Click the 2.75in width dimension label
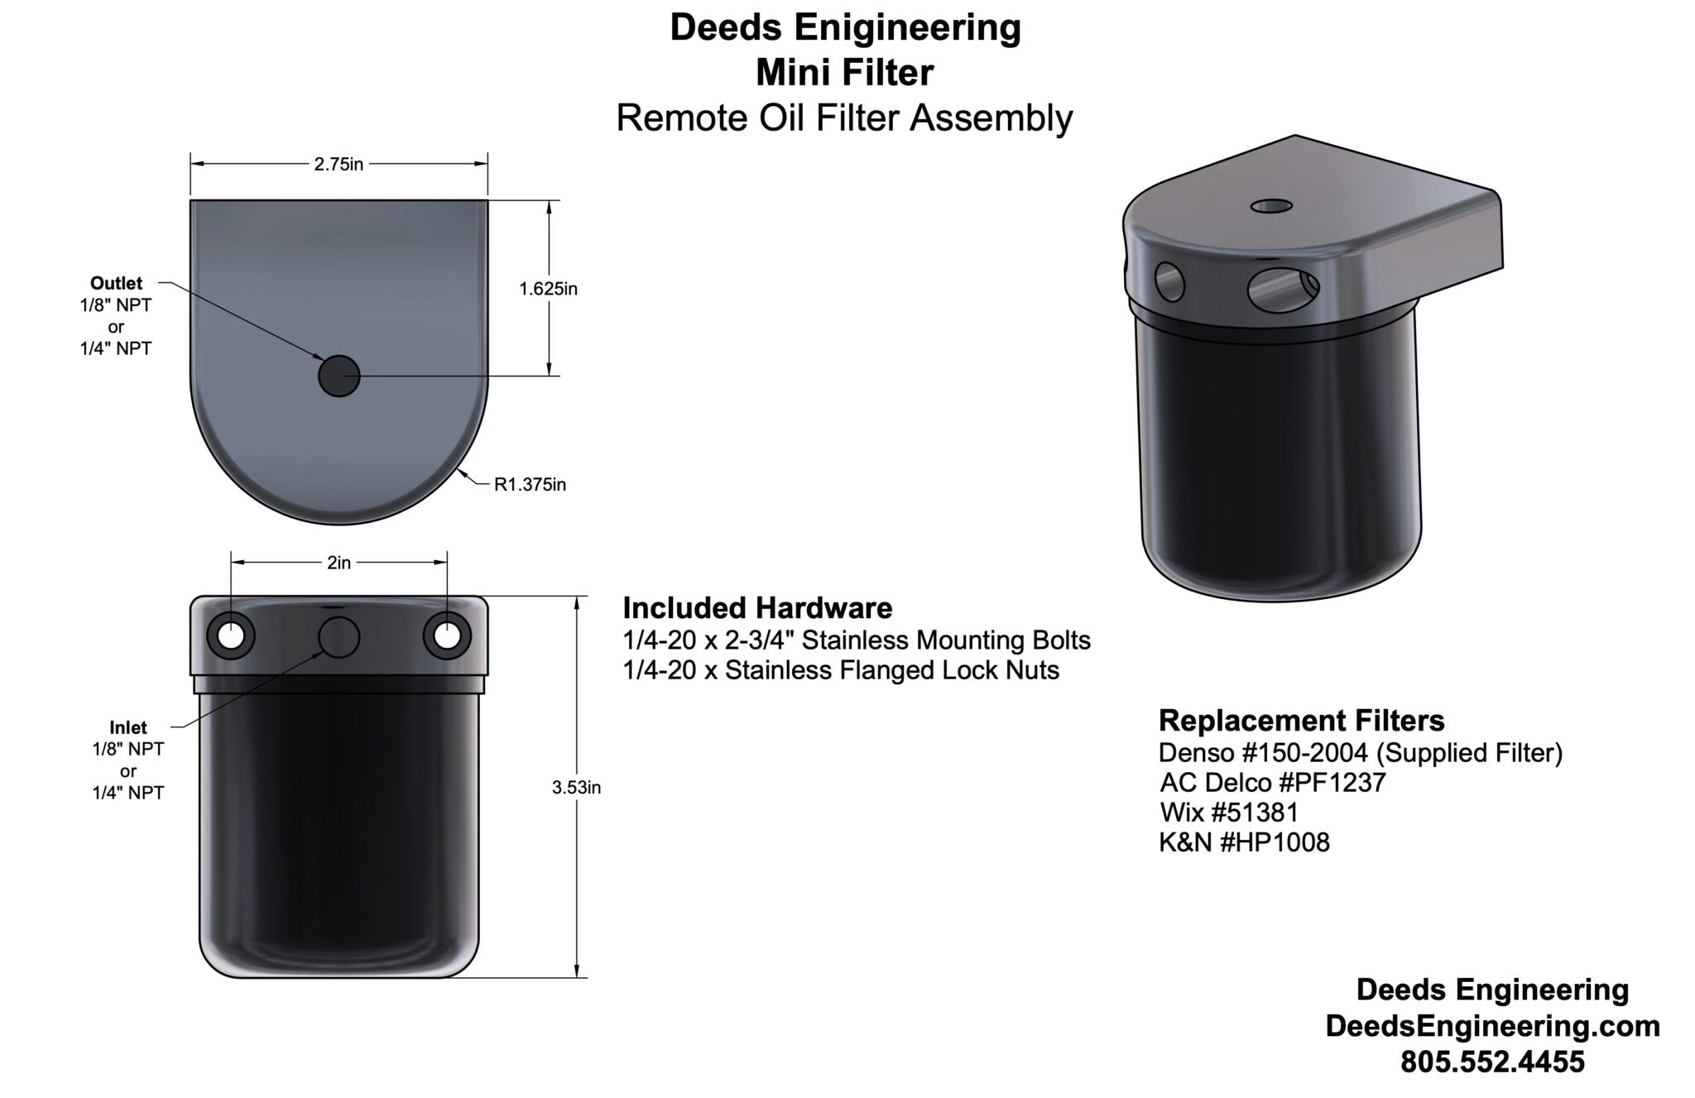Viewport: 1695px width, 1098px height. coord(339,164)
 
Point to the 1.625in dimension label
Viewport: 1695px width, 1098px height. coord(548,289)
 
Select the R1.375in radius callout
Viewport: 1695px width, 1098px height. coord(530,485)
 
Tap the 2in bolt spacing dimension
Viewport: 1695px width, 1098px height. coord(339,563)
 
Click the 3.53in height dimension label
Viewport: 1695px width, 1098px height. coord(576,788)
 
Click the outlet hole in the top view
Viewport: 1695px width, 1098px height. coord(339,376)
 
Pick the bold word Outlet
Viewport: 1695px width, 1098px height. coord(116,283)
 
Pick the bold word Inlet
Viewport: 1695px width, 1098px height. coord(127,727)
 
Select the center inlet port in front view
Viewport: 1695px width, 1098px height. coord(339,637)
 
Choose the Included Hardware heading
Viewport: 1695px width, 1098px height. coord(757,608)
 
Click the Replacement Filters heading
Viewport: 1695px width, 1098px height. coord(1301,721)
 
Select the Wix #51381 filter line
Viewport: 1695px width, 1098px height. coord(1229,812)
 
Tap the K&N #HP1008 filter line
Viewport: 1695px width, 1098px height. coord(1244,842)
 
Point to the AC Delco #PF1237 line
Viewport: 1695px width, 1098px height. coord(1272,782)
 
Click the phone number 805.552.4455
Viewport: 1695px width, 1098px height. coord(1492,1062)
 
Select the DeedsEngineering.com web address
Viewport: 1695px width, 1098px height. coord(1492,1026)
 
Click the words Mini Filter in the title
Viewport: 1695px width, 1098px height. coord(844,73)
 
